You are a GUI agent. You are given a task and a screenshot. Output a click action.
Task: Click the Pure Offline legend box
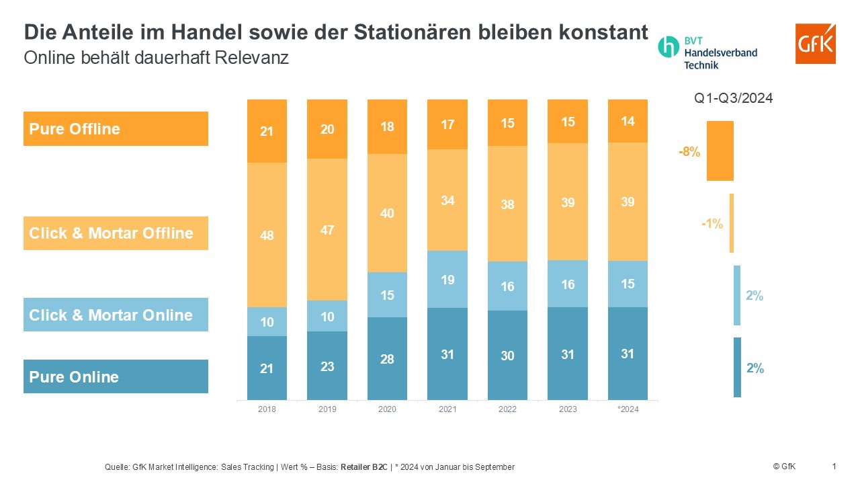coord(116,129)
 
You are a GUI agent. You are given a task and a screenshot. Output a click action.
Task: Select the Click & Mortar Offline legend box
coord(116,233)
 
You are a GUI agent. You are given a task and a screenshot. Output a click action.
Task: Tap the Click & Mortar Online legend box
coord(116,315)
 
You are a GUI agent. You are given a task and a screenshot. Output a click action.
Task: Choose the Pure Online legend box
coord(116,376)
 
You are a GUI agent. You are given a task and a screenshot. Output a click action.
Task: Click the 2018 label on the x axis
coord(267,409)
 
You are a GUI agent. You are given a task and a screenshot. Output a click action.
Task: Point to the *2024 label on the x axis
coord(628,409)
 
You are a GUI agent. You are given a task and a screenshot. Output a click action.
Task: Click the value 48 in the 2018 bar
coord(267,236)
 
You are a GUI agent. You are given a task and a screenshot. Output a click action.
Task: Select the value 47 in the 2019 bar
coord(327,230)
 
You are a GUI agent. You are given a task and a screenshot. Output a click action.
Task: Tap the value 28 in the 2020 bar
coord(387,359)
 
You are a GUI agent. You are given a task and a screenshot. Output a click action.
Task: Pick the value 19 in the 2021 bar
coord(447,280)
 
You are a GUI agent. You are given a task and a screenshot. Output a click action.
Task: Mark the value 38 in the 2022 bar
coord(507,204)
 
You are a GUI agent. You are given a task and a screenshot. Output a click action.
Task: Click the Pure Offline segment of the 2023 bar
coord(568,122)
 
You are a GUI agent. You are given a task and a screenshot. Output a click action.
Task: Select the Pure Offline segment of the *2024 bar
coord(628,121)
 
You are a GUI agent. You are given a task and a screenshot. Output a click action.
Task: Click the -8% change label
coord(689,152)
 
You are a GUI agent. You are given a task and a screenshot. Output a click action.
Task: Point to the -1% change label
coord(712,224)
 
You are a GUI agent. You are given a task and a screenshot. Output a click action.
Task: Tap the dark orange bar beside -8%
coord(720,151)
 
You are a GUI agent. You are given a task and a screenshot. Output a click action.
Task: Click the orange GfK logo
coord(815,44)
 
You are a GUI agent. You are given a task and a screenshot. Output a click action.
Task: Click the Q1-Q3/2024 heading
coord(734,98)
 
